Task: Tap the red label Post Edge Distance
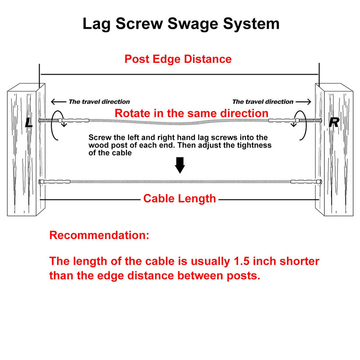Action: tap(178, 59)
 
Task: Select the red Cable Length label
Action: tap(180, 198)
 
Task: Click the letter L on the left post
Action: tap(29, 122)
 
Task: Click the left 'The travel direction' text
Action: tap(99, 102)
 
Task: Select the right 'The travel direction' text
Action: tap(263, 102)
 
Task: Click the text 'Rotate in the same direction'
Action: tap(192, 113)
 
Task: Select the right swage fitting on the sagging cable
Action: tap(283, 121)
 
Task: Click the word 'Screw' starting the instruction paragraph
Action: tap(100, 137)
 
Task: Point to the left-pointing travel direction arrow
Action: tap(58, 102)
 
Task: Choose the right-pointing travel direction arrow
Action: tap(304, 102)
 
